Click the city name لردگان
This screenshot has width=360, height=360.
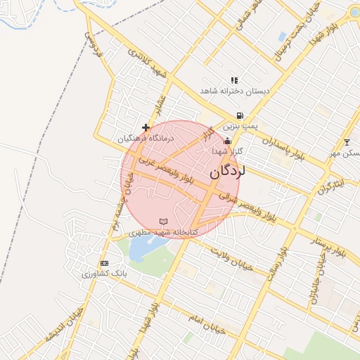click(227, 171)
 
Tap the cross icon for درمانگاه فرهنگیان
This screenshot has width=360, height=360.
click(146, 127)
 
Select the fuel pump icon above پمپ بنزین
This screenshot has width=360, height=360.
click(240, 116)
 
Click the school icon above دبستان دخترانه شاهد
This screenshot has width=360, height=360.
click(234, 81)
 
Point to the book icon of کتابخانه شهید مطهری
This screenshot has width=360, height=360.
click(164, 221)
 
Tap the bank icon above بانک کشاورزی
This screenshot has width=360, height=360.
click(105, 263)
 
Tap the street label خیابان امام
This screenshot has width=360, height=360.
click(205, 323)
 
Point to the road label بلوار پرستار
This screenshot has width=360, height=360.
click(328, 246)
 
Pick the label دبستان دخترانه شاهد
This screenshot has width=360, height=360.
click(235, 91)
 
